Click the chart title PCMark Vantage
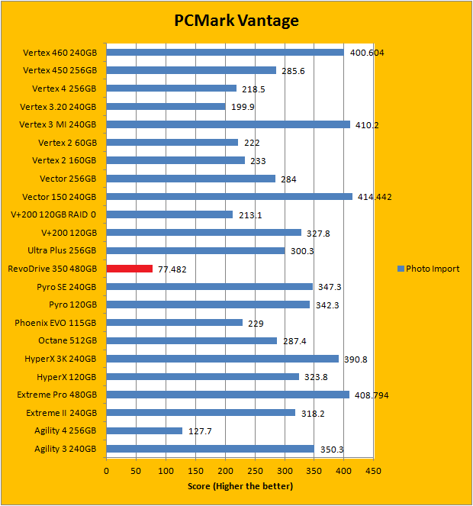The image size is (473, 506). pos(236,21)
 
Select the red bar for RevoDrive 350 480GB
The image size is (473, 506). pos(130,269)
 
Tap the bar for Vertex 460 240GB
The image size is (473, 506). pos(225,53)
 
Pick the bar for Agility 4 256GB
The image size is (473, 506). pos(144,430)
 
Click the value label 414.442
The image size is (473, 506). pos(375,197)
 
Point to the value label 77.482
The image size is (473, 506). pos(172,269)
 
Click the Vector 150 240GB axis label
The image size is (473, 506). pos(60,196)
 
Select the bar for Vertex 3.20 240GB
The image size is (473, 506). pos(166,106)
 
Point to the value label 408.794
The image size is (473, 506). pos(372,395)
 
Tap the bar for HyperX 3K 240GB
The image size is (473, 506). pos(222,359)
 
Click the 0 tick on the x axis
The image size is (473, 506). pos(107,470)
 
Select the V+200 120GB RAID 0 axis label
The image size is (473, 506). pos(53,214)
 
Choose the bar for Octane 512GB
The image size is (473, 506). pos(191,340)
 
